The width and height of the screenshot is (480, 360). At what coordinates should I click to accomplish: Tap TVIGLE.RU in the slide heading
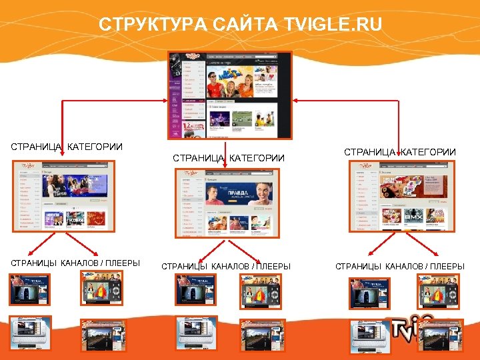(333, 25)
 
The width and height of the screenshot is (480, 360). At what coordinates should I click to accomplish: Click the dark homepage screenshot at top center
(230, 95)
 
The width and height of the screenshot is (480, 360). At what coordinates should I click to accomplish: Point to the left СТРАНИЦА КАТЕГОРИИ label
(66, 147)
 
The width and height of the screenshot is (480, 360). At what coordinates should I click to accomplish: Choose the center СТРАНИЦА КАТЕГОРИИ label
(229, 158)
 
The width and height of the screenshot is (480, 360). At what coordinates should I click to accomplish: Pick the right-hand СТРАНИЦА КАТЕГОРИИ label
(400, 152)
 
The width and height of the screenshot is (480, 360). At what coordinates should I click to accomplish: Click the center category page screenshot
(228, 203)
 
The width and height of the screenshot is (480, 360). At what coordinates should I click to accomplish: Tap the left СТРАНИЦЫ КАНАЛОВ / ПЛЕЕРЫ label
(75, 263)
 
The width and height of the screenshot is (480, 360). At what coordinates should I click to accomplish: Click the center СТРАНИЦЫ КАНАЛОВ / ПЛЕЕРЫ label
(226, 267)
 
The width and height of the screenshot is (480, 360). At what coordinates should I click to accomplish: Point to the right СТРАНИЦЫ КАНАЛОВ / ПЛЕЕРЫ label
(400, 267)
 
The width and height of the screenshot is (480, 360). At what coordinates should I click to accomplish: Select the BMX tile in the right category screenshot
(416, 217)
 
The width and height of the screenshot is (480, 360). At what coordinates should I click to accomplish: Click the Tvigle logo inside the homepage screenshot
(194, 57)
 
